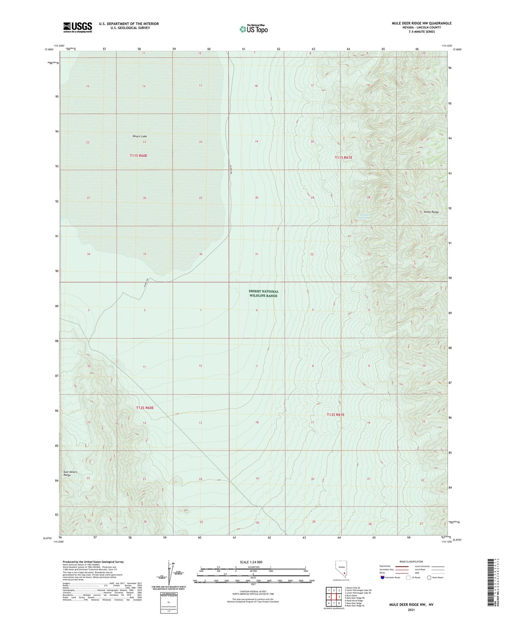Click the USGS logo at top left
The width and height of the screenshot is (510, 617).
point(77,27)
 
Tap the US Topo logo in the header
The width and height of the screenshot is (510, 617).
point(253,29)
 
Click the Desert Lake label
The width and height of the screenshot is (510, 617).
point(140,136)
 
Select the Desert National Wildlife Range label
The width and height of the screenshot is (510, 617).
point(263,293)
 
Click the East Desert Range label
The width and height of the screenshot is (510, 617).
point(70,474)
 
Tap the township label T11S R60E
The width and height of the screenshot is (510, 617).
point(138,155)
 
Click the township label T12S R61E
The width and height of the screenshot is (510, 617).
point(335,415)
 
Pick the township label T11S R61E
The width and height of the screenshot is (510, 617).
point(343,157)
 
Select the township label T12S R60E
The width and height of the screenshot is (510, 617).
point(145,408)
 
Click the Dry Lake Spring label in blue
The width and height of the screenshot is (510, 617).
point(364,216)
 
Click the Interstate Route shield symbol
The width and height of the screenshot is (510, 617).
point(383,577)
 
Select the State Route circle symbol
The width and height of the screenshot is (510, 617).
point(429,577)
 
